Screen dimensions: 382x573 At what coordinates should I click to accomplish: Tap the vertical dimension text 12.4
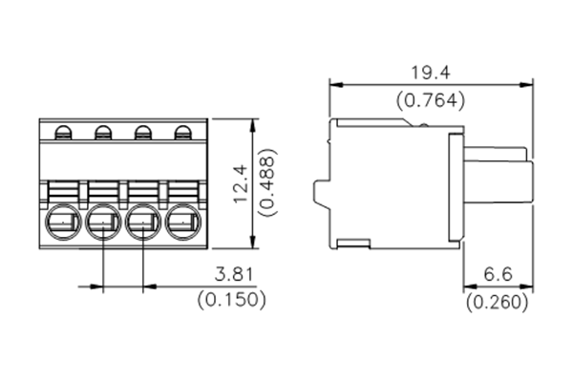(x=240, y=181)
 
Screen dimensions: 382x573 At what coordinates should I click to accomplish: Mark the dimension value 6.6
(x=499, y=275)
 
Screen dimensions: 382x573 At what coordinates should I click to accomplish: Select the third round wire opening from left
(x=142, y=225)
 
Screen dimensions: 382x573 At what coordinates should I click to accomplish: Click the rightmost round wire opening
(x=181, y=225)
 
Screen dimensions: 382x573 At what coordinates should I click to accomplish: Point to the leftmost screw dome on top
(x=63, y=133)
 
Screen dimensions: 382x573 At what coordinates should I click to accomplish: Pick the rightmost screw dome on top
(x=181, y=133)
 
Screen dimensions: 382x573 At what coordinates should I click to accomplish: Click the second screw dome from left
(x=102, y=133)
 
